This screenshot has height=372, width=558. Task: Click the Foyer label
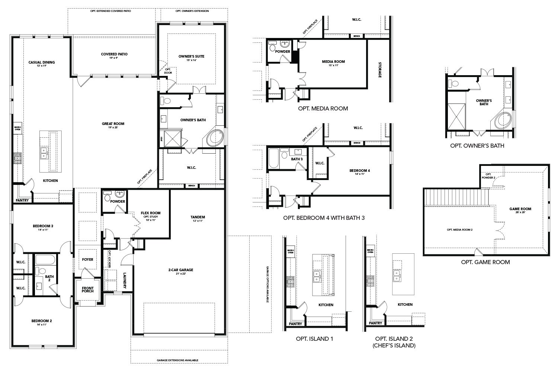(x=88, y=259)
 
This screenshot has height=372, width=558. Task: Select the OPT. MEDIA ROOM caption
(x=323, y=109)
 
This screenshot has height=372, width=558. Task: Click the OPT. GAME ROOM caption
(x=485, y=262)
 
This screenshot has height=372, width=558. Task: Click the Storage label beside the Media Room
(x=380, y=70)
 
